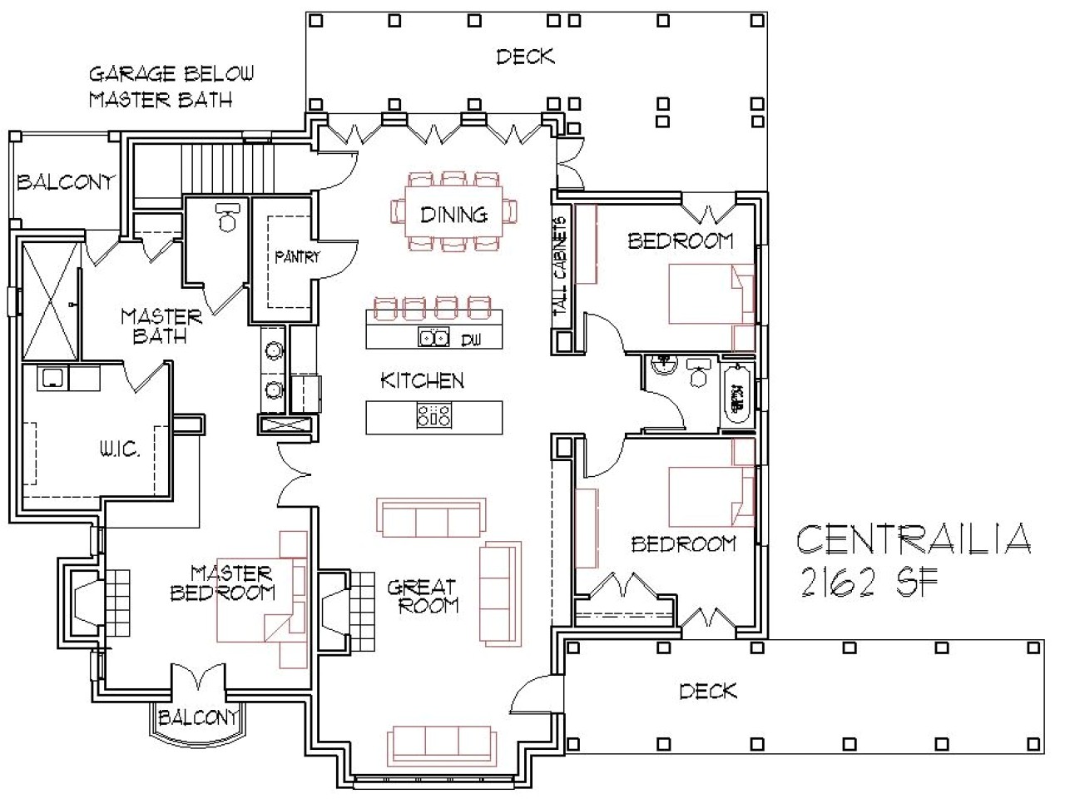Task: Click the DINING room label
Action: coord(453,215)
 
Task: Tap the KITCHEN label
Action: coord(422,381)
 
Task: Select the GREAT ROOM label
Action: coord(423,597)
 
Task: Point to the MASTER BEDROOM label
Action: coord(222,583)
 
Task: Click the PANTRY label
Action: coord(297,257)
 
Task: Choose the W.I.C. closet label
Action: coord(120,450)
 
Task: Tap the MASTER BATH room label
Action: coord(161,325)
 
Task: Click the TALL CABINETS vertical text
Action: coord(561,266)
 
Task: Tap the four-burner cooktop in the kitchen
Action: coord(434,415)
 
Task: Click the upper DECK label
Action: coord(525,57)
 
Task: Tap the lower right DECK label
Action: coord(707,691)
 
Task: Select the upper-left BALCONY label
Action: coord(65,181)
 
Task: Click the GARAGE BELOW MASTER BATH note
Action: coord(171,87)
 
